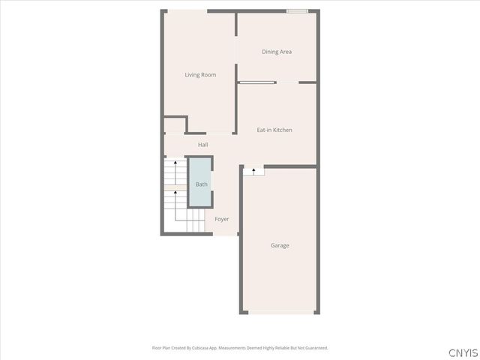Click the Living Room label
tap(200, 75)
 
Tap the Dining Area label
tap(276, 52)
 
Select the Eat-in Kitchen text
tap(274, 130)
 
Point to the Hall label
tap(202, 145)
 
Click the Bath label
tap(201, 184)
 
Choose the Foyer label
tap(222, 219)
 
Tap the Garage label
tap(280, 245)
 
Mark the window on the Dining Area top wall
tap(297, 11)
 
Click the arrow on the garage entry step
tap(254, 171)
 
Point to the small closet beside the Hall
tap(175, 125)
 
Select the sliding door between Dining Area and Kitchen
tap(257, 82)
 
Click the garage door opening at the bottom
tap(280, 313)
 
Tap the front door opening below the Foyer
tap(225, 235)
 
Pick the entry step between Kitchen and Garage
tap(253, 171)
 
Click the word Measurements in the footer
tap(240, 348)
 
